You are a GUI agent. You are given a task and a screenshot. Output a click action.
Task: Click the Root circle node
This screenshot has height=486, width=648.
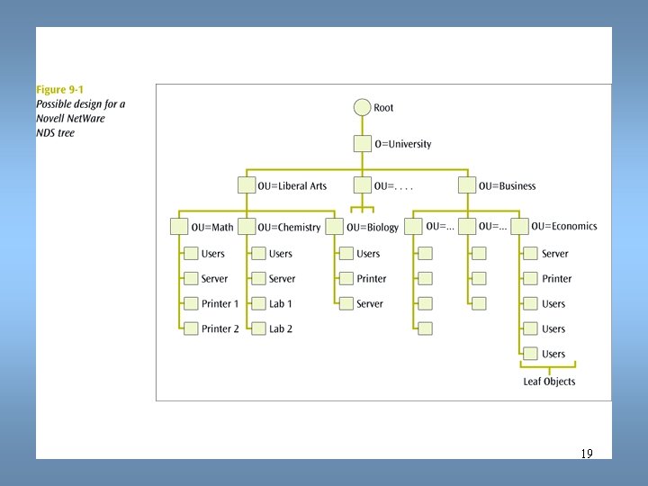click(x=362, y=108)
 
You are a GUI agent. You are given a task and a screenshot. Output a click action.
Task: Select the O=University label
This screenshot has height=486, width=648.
click(x=402, y=144)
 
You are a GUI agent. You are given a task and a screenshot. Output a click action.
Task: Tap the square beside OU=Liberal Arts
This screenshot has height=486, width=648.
click(x=247, y=186)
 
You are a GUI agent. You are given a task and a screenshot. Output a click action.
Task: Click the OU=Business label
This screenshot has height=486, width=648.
click(x=507, y=186)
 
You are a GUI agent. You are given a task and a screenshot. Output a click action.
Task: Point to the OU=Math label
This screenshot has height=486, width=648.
click(x=211, y=227)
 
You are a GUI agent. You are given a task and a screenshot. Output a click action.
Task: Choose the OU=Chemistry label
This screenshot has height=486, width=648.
click(x=289, y=227)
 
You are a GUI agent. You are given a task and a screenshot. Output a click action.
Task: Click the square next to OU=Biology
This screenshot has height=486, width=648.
click(x=335, y=227)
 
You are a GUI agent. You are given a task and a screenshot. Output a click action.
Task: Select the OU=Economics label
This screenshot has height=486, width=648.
click(x=563, y=227)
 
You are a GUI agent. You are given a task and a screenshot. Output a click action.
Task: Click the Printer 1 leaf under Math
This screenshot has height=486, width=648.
click(x=220, y=304)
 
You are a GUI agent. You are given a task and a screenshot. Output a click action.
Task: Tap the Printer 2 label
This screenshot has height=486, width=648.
click(x=220, y=329)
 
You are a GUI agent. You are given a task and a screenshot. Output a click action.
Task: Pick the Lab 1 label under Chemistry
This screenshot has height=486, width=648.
click(x=281, y=304)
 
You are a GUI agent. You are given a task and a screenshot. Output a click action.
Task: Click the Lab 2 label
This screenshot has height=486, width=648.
click(x=281, y=329)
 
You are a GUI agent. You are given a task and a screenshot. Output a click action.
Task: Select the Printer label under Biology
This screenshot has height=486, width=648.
click(x=372, y=279)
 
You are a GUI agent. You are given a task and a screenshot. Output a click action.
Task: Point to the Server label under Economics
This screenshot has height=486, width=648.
click(x=555, y=254)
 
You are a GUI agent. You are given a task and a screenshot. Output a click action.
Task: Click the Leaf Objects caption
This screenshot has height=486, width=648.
click(x=549, y=382)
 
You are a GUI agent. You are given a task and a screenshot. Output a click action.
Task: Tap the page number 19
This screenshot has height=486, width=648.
click(x=587, y=454)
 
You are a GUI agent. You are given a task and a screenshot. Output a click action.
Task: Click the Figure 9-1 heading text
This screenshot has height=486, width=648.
click(x=59, y=90)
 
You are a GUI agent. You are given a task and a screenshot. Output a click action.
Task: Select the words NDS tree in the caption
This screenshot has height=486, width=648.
click(x=56, y=133)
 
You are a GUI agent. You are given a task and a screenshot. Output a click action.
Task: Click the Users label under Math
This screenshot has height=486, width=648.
click(x=213, y=254)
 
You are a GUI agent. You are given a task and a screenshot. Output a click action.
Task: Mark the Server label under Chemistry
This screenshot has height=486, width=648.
click(x=282, y=279)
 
